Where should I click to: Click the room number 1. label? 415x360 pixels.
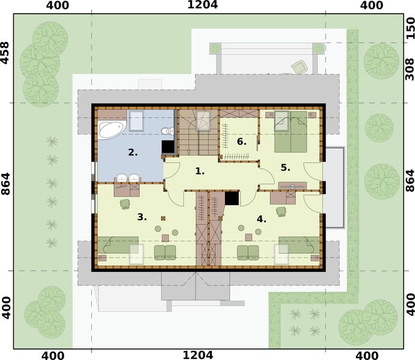(200, 171)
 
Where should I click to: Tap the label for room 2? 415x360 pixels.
(133, 152)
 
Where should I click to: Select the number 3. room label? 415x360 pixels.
(142, 217)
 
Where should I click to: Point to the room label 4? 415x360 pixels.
(261, 218)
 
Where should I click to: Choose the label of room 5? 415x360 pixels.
(285, 167)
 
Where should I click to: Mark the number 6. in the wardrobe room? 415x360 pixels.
(241, 142)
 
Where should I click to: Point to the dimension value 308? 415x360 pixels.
(410, 70)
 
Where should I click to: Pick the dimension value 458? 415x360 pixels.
(5, 53)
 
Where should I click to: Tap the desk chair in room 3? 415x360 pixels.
(125, 204)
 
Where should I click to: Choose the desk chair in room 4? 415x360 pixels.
(281, 211)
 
